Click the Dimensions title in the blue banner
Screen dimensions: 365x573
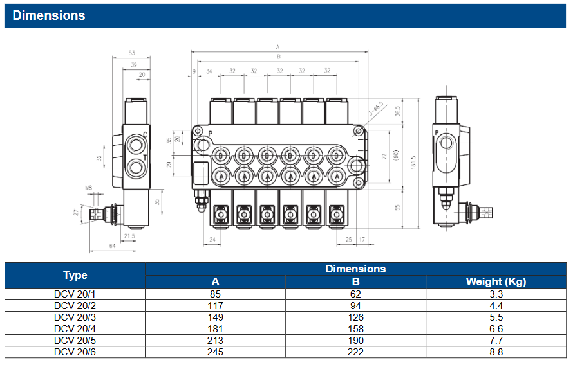coord(49,15)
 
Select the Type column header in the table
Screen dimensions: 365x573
coord(75,275)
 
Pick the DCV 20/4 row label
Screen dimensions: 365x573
coord(75,328)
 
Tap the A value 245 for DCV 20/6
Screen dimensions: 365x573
coord(215,352)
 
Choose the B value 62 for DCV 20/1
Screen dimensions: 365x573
coord(355,294)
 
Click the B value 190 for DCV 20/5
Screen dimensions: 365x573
coord(355,340)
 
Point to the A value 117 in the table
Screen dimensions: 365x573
coord(215,306)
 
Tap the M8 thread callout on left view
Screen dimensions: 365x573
coord(88,188)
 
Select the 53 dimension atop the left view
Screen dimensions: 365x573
coord(131,53)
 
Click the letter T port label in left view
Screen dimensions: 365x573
coord(145,157)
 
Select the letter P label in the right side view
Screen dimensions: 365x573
coord(437,133)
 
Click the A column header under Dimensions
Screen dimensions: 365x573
coord(215,281)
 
